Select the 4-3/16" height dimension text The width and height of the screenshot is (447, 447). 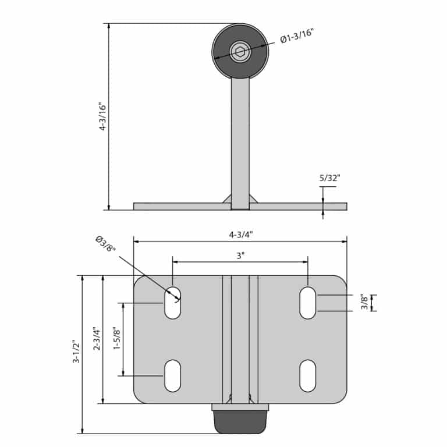coord(102,116)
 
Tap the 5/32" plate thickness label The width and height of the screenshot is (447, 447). coord(330,178)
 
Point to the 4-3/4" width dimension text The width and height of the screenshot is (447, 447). coord(240,235)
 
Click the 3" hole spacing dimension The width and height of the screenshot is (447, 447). coord(240,256)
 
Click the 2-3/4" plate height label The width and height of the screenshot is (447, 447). coord(97,339)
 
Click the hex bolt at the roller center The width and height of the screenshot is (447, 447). coord(240,52)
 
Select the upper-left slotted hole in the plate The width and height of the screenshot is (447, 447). coord(173,303)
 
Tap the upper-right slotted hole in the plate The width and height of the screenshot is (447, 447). coord(308,303)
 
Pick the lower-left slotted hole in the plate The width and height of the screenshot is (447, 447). coord(173,375)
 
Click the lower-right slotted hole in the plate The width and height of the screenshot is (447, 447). coord(308,375)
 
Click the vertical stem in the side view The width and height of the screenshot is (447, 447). coord(240,140)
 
